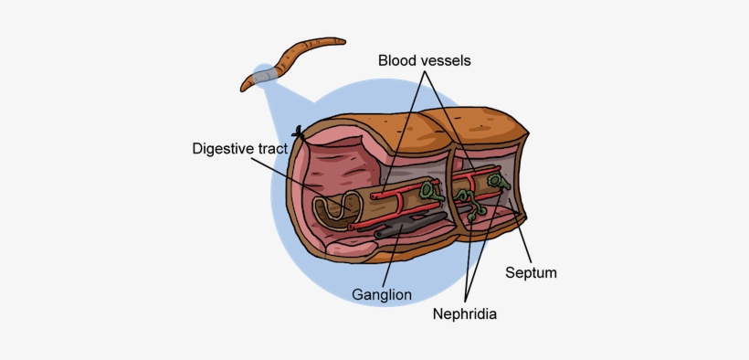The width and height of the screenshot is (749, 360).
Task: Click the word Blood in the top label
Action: (x=400, y=60)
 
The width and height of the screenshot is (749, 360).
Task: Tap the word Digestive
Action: (x=227, y=148)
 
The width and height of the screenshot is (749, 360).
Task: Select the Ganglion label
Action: (x=381, y=294)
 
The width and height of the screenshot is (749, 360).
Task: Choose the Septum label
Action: (x=531, y=272)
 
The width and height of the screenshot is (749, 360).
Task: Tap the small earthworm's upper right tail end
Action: (x=339, y=41)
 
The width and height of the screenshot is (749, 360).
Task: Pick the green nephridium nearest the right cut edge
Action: (x=497, y=183)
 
